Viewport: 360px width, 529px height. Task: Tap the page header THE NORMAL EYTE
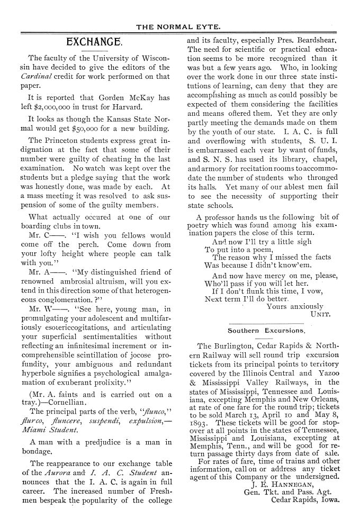(179, 26)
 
